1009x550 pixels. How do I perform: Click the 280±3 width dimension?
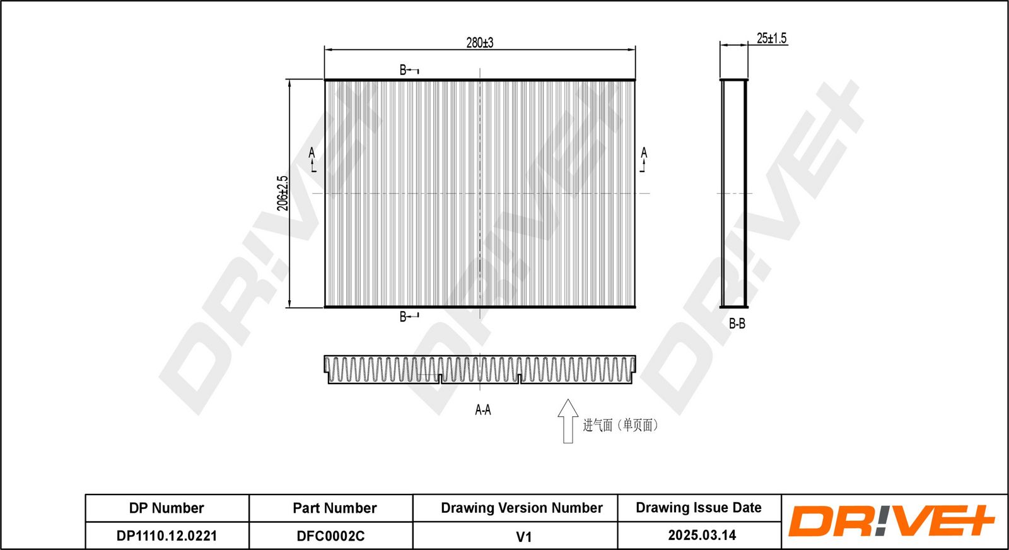(x=480, y=42)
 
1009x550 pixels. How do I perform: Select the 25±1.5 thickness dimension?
(x=771, y=38)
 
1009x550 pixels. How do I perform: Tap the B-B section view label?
(x=737, y=324)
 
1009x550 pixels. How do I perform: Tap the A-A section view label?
(x=482, y=410)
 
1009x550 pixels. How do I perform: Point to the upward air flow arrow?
(x=568, y=421)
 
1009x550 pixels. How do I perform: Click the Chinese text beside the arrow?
(x=620, y=425)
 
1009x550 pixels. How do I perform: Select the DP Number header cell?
(x=166, y=508)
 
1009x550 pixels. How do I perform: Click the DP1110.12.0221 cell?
(x=166, y=535)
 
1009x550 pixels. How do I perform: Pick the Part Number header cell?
(x=334, y=508)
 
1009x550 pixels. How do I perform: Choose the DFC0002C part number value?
(x=330, y=535)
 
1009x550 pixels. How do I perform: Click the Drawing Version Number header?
(x=522, y=508)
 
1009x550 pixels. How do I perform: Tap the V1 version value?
(x=523, y=536)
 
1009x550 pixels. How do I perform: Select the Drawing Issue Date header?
(x=698, y=507)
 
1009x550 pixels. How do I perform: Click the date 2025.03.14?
(x=702, y=535)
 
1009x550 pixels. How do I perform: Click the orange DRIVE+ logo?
(x=891, y=521)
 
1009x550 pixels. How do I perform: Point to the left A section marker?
(x=312, y=159)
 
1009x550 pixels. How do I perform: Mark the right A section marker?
(x=643, y=159)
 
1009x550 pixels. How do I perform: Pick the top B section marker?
(x=407, y=70)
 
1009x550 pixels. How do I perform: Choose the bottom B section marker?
(x=407, y=316)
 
